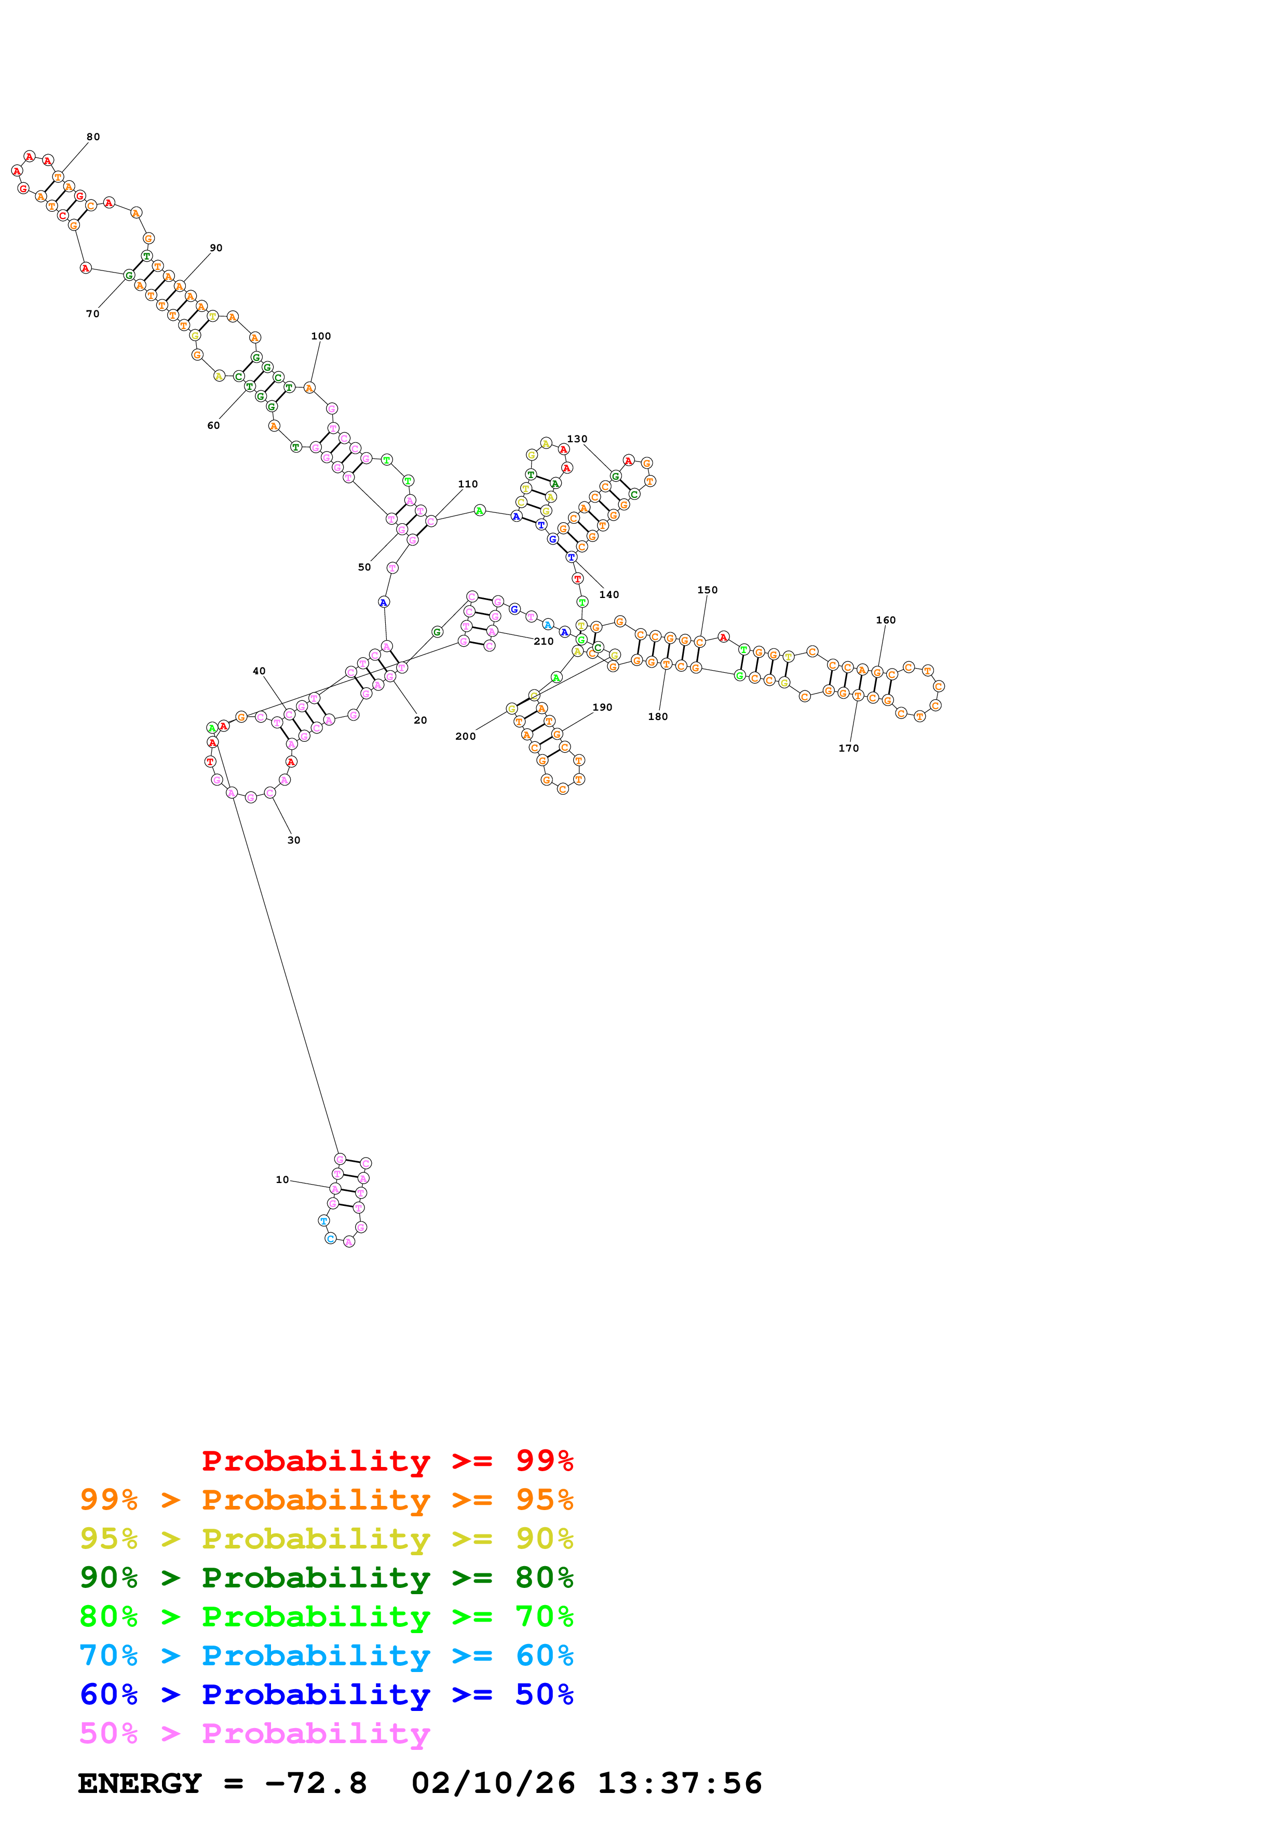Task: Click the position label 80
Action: click(x=93, y=137)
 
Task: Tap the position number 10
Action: click(x=282, y=1179)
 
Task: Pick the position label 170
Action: click(x=848, y=748)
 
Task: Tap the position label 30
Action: click(x=293, y=840)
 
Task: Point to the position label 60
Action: click(x=213, y=425)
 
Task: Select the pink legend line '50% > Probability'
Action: click(x=254, y=1733)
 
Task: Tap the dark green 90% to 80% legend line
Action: click(x=326, y=1578)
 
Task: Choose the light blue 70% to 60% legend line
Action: click(x=326, y=1655)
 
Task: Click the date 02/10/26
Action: click(x=493, y=1783)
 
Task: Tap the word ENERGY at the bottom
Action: click(x=140, y=1783)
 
